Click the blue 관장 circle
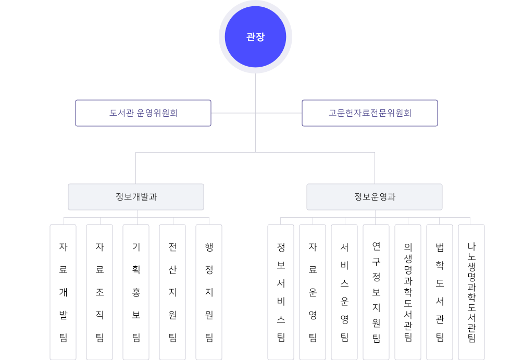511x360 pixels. pyautogui.click(x=255, y=37)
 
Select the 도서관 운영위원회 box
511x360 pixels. pyautogui.click(x=143, y=113)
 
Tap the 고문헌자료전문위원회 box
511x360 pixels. pyautogui.click(x=370, y=113)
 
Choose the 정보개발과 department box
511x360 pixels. pyautogui.click(x=136, y=197)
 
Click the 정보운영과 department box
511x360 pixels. pyautogui.click(x=375, y=197)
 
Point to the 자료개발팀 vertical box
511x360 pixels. pyautogui.click(x=63, y=292)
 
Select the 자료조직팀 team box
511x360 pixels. pyautogui.click(x=99, y=292)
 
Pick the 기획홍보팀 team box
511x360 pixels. pyautogui.click(x=136, y=292)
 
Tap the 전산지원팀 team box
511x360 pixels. pyautogui.click(x=172, y=292)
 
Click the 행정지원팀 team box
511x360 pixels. pyautogui.click(x=209, y=292)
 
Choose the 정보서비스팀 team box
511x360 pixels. pyautogui.click(x=281, y=292)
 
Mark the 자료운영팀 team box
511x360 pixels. pyautogui.click(x=313, y=292)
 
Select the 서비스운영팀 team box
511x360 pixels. pyautogui.click(x=344, y=292)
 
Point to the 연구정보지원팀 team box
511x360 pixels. pyautogui.click(x=376, y=292)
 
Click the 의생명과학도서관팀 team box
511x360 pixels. pyautogui.click(x=408, y=292)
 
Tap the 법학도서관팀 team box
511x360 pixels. pyautogui.click(x=440, y=292)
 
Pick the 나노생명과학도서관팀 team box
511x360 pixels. pyautogui.click(x=471, y=292)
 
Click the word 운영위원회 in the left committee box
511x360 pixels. pyautogui.click(x=157, y=113)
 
